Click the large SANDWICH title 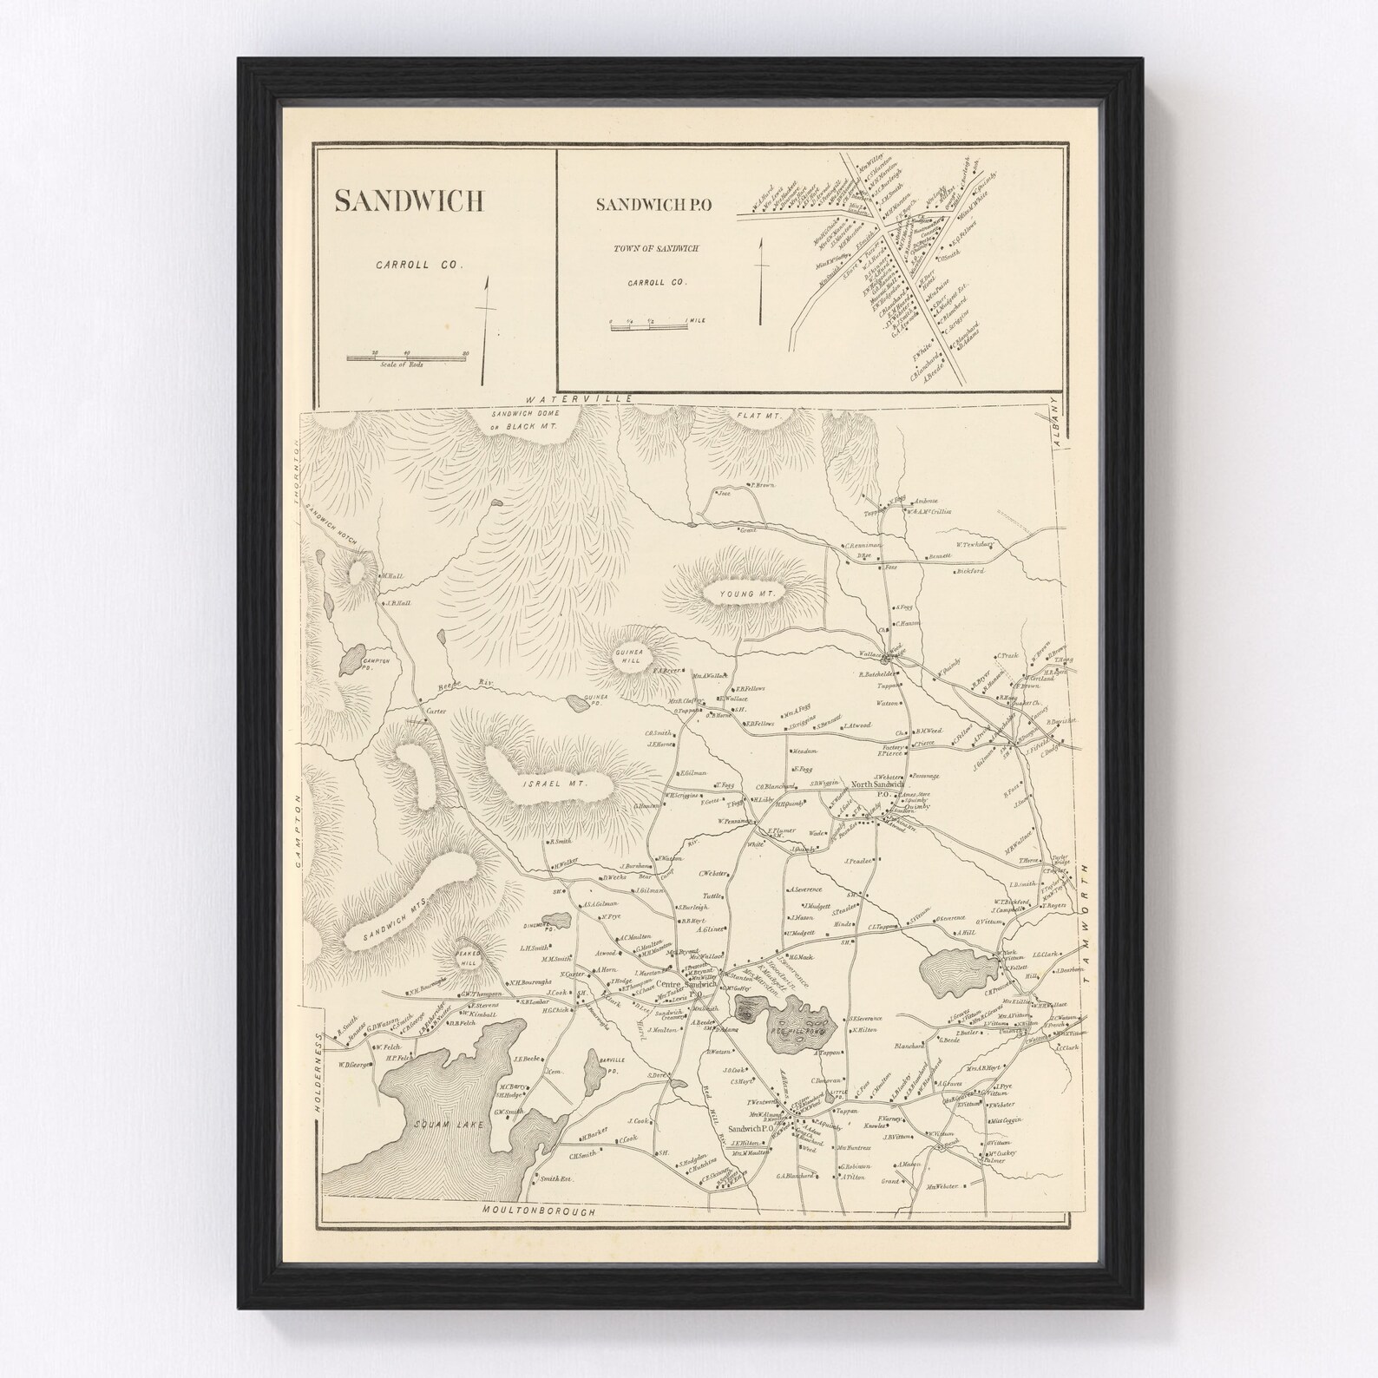[408, 200]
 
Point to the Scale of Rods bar [408, 357]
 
